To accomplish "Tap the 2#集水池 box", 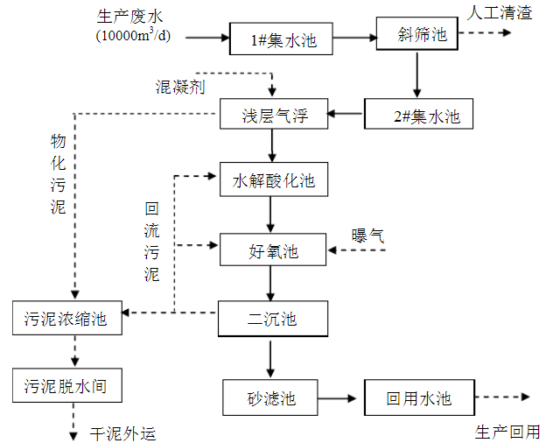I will [418, 114].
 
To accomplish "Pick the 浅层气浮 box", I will [275, 114].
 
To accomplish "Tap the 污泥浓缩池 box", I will [66, 318].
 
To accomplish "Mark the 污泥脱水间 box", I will [66, 384].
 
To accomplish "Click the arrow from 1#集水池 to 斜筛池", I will [355, 39].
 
